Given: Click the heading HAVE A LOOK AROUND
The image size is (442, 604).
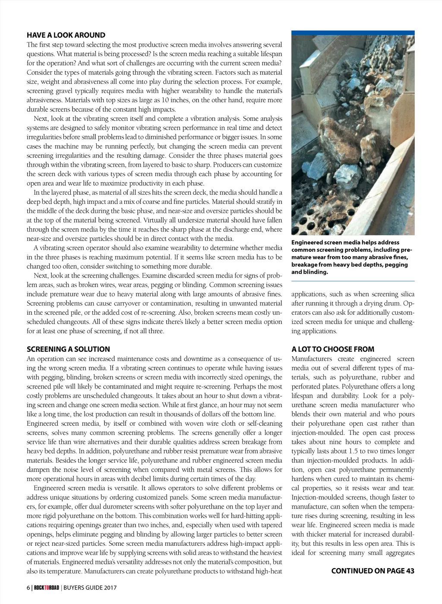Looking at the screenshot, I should tap(66, 35).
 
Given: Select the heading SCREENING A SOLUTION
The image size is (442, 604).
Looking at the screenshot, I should tap(68, 349).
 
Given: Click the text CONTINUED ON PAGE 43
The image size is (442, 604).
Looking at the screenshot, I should tap(373, 571).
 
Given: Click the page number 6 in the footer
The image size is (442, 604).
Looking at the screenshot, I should tap(28, 588).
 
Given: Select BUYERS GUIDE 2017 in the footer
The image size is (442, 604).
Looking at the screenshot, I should tap(90, 588).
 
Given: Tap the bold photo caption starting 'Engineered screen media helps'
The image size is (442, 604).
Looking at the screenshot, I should tap(352, 257).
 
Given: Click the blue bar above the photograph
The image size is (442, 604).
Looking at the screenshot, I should tap(353, 33).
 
